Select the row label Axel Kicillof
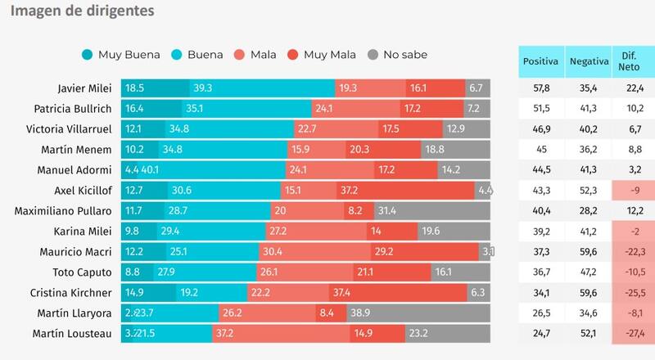[x=84, y=190]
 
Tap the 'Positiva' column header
[x=540, y=61]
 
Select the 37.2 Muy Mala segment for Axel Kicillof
[x=406, y=190]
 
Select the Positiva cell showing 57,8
[x=540, y=88]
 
